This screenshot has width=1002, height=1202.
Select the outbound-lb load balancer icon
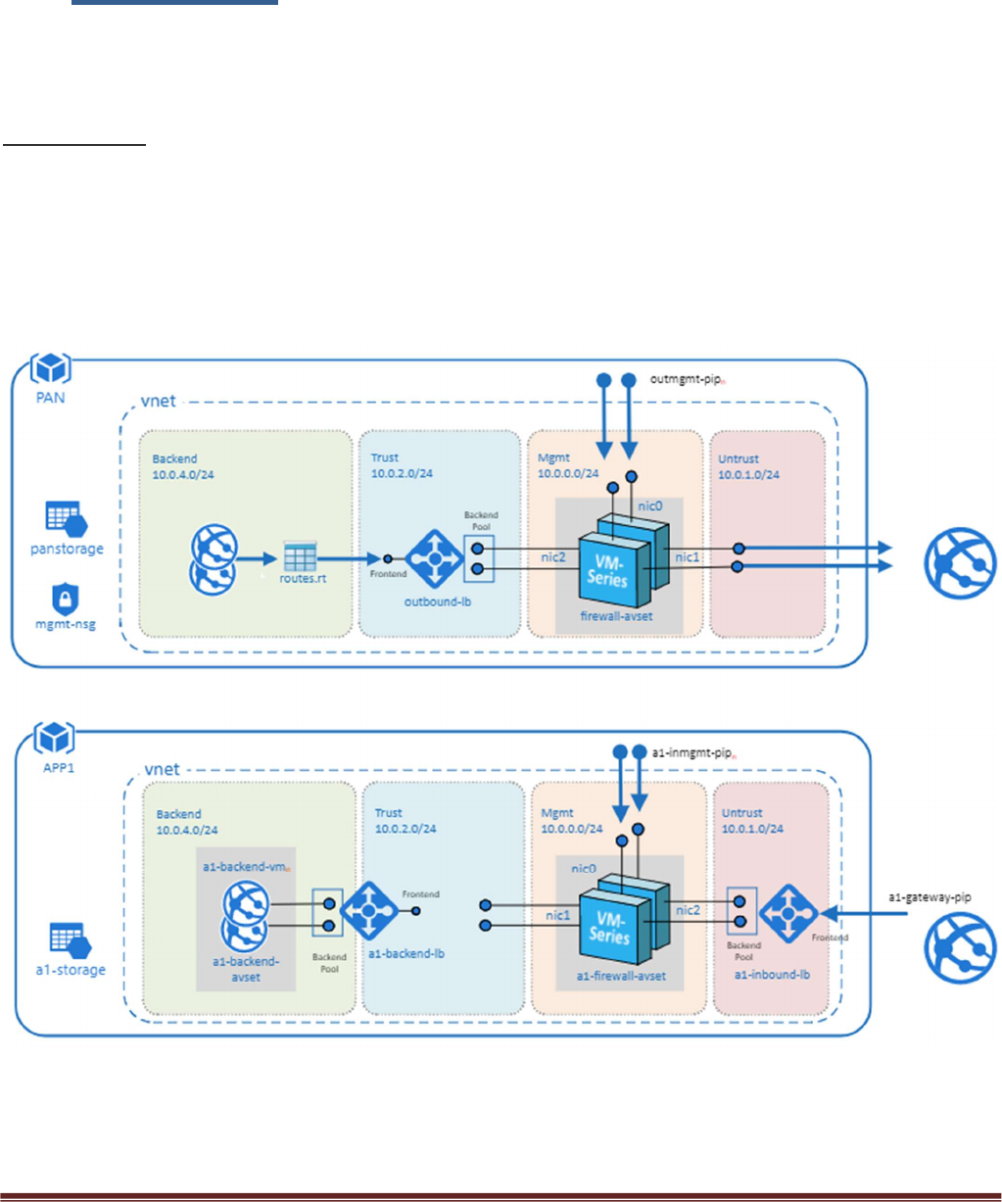click(428, 559)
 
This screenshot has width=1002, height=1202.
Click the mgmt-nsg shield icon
click(65, 599)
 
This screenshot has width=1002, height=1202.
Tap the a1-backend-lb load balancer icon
click(368, 910)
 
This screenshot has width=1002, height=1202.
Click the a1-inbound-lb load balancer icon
click(787, 914)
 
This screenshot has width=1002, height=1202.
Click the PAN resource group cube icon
click(49, 369)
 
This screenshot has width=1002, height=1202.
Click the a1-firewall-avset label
click(621, 976)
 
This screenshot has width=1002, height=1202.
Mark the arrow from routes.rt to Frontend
click(344, 559)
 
